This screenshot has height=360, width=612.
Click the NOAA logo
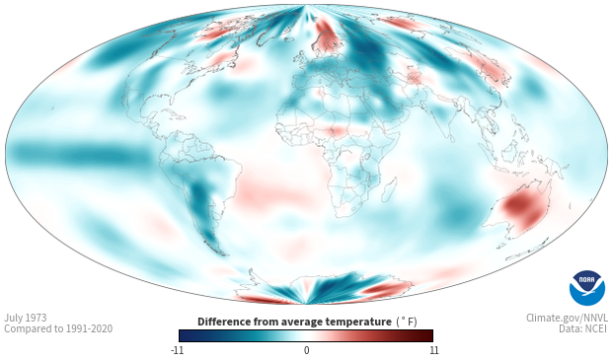point(587,288)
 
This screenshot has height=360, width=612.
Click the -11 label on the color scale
point(178,350)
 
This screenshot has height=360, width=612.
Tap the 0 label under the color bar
point(306,350)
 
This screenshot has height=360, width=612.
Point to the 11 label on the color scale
point(433,350)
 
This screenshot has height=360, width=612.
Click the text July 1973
point(26,318)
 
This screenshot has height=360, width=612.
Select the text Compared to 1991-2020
point(58,328)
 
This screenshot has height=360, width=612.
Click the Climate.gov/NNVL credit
point(567,318)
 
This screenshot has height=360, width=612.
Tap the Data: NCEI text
point(583,328)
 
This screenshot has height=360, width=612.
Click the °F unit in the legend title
point(407,322)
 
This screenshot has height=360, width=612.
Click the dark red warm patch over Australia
point(523,207)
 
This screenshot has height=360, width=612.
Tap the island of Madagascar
point(389,190)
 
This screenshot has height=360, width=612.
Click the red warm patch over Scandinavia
point(328,37)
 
